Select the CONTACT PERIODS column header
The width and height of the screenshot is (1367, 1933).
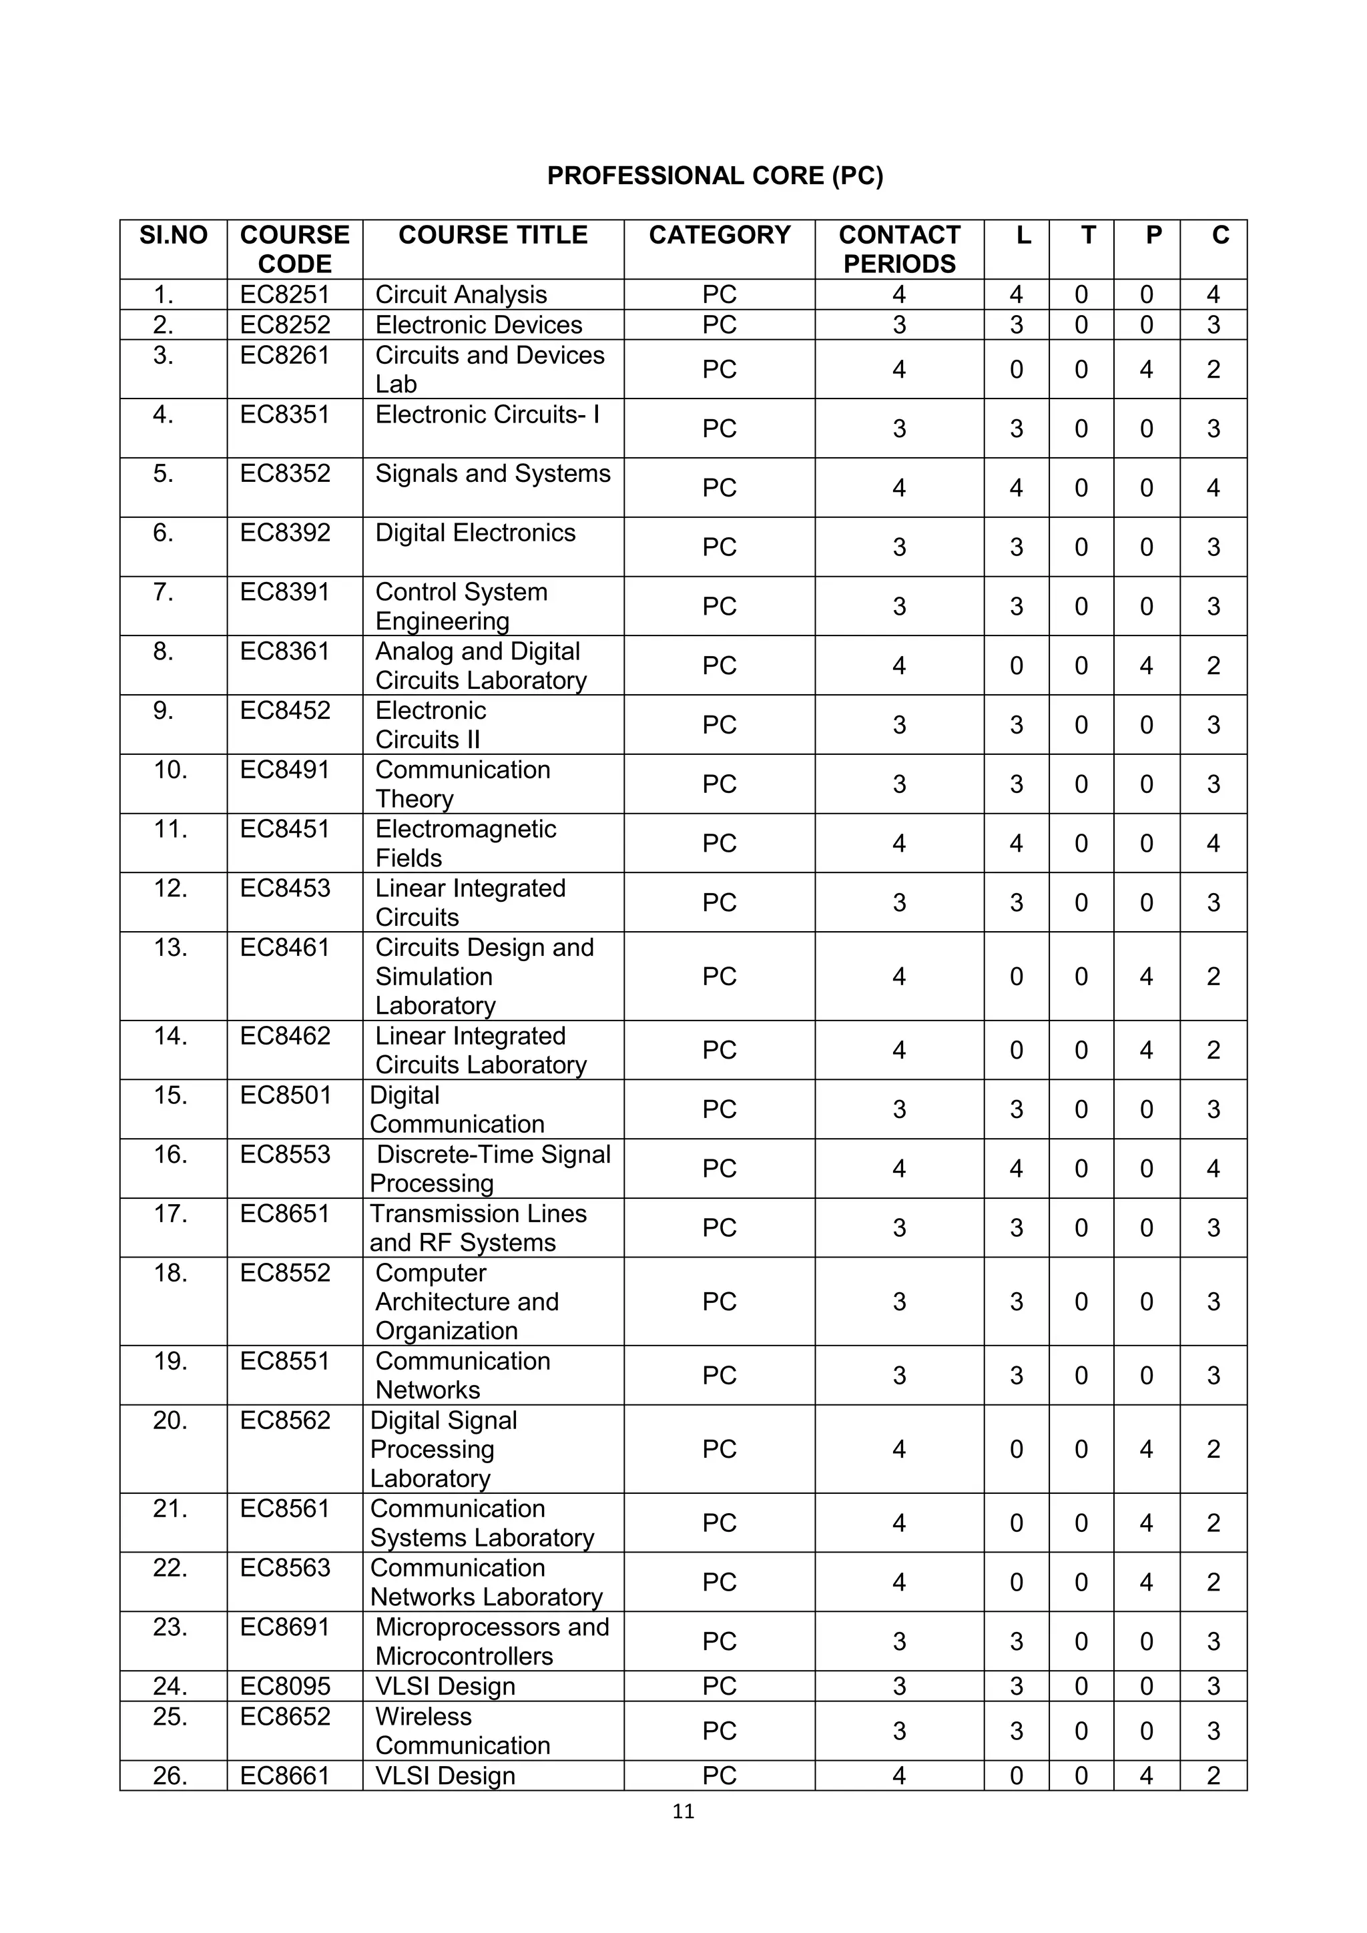pyautogui.click(x=899, y=249)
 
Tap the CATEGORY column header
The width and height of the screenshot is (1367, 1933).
pyautogui.click(x=719, y=235)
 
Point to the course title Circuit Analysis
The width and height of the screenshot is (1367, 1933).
pyautogui.click(x=461, y=294)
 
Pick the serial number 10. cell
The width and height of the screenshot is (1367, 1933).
pyautogui.click(x=171, y=770)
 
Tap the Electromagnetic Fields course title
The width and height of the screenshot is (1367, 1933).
pyautogui.click(x=465, y=843)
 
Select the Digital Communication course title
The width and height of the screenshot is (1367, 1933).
pyautogui.click(x=457, y=1109)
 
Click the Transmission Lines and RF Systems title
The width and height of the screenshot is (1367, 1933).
pyautogui.click(x=477, y=1227)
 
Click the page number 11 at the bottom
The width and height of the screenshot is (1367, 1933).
pyautogui.click(x=683, y=1811)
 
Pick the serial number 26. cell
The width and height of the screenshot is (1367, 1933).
pyautogui.click(x=171, y=1775)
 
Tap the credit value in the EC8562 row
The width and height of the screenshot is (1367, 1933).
pyautogui.click(x=1213, y=1449)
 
